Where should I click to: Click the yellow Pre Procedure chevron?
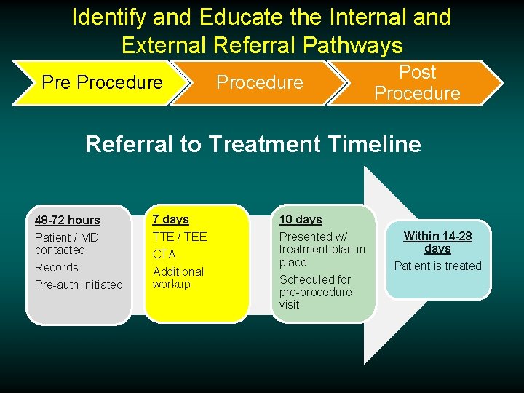102,82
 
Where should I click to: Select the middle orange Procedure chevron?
259,82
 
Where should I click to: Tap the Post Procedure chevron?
417,82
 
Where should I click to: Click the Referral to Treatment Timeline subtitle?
253,144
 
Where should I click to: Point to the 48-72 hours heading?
68,220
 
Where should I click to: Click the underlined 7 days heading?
170,219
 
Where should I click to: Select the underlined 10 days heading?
301,219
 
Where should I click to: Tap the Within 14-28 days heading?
437,242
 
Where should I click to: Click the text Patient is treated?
437,266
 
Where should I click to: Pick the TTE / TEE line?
179,237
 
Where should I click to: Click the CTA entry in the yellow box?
164,254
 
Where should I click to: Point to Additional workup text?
178,277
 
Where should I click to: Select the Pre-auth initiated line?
79,285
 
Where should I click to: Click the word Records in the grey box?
56,267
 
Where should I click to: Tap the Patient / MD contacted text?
66,243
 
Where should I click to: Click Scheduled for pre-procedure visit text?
315,292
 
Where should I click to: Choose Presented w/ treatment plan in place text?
322,249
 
